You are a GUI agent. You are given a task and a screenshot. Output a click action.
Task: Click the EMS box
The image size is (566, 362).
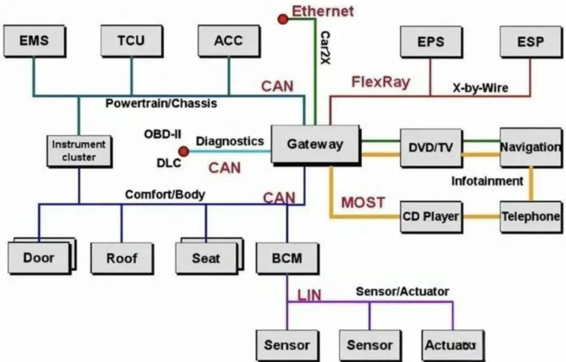34,40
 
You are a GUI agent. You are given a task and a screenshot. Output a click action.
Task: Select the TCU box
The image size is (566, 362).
131,40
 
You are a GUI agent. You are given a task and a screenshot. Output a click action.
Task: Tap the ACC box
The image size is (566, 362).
228,40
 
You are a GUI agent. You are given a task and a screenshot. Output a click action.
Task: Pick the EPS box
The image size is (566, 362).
431,41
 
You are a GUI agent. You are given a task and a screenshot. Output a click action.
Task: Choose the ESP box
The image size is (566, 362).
530,41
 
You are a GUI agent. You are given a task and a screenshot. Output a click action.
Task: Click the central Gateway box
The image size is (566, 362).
315,144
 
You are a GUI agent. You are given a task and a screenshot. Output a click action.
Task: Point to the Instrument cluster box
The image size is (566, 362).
79,151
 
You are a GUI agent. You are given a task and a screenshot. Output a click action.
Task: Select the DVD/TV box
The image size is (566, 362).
431,148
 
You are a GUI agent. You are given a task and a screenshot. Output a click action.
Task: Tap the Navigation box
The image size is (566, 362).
530,147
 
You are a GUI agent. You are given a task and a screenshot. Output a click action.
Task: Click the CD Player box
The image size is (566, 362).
431,216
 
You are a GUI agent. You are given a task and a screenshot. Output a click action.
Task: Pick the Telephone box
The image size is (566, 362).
530,216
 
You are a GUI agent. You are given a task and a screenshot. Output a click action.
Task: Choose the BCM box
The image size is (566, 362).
287,258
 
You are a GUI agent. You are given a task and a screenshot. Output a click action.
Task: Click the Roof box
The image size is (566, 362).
122,258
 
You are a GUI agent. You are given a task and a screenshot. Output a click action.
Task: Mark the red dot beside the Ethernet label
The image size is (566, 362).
283,19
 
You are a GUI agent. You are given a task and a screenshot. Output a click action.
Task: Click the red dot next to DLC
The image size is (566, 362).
183,151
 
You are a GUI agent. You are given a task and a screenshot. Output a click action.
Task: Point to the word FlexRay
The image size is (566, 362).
380,82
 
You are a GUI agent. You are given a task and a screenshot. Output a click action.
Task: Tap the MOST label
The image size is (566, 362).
363,202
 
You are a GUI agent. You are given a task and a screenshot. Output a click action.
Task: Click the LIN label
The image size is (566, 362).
309,295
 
